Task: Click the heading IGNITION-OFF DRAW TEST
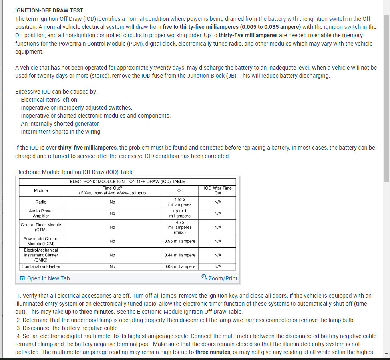click(x=49, y=10)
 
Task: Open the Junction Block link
click(x=206, y=76)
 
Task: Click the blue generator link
click(x=87, y=124)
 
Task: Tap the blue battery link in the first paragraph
click(x=277, y=19)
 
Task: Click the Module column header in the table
click(x=41, y=190)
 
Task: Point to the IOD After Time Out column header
click(x=217, y=190)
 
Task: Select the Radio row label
click(x=41, y=202)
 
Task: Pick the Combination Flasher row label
click(x=41, y=266)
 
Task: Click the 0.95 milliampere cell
click(x=180, y=241)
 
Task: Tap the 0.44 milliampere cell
click(x=180, y=255)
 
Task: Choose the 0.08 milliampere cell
click(x=180, y=266)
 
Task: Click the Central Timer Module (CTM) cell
click(x=41, y=227)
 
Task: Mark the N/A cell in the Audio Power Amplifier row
click(x=217, y=213)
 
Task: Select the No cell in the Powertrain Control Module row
click(x=112, y=241)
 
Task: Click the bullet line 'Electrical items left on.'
click(x=50, y=100)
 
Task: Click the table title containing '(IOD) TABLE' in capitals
click(x=127, y=182)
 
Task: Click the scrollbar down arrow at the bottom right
click(x=386, y=354)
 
